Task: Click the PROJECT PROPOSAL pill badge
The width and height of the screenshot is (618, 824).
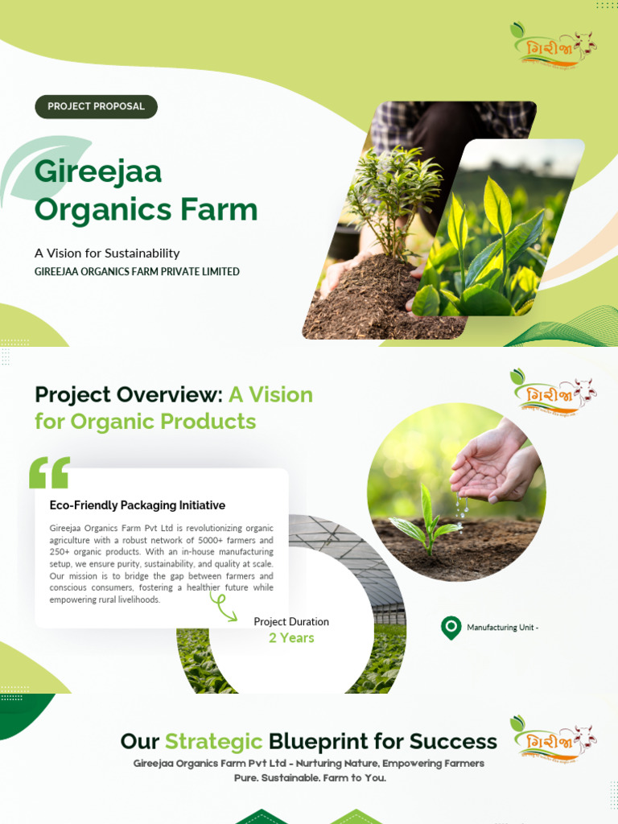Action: pos(97,106)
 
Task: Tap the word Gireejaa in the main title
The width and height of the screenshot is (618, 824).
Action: pos(98,171)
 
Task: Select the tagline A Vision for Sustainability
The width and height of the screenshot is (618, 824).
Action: pos(107,253)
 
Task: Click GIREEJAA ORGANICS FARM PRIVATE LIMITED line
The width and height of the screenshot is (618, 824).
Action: pos(137,272)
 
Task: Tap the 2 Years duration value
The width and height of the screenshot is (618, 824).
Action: pos(291,638)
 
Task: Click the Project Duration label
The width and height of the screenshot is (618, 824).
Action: pos(291,622)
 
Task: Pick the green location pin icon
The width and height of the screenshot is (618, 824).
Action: pos(451,628)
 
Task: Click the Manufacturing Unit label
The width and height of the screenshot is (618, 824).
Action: pos(502,628)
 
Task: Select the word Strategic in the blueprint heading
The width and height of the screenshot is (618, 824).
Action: pos(214,741)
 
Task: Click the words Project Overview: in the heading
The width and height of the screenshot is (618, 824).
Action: pos(128,395)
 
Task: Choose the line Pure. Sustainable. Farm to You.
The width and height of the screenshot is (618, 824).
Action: pos(310,778)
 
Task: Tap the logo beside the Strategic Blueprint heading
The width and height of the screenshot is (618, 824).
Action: pos(553,738)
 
